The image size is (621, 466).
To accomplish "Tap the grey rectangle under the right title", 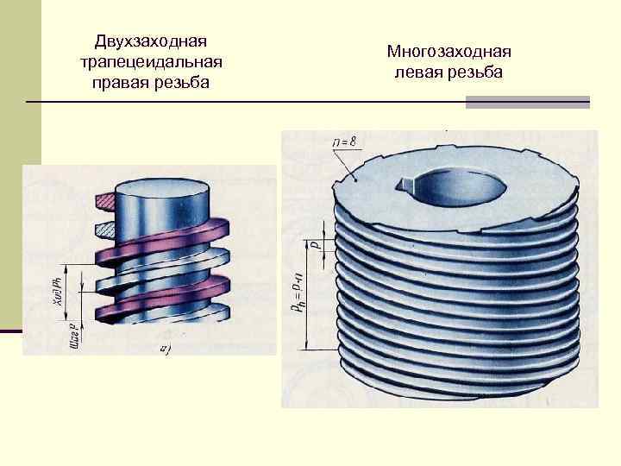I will click(x=527, y=102).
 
